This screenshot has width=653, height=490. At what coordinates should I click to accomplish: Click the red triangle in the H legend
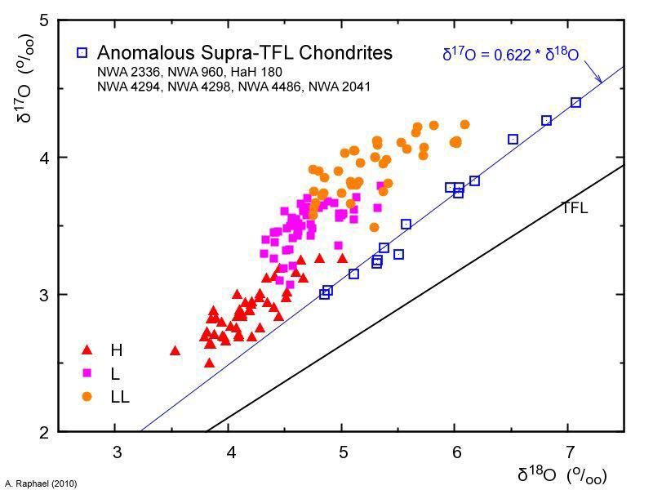pos(87,350)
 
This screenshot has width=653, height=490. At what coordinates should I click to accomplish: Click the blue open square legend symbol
pos(82,53)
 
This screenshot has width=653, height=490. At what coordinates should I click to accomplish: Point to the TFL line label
pos(574,208)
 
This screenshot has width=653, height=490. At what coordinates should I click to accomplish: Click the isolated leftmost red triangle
pos(175,350)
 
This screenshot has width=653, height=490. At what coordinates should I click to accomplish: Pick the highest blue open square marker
pos(575,102)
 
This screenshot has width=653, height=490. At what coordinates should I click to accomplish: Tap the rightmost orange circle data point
pos(464,125)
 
